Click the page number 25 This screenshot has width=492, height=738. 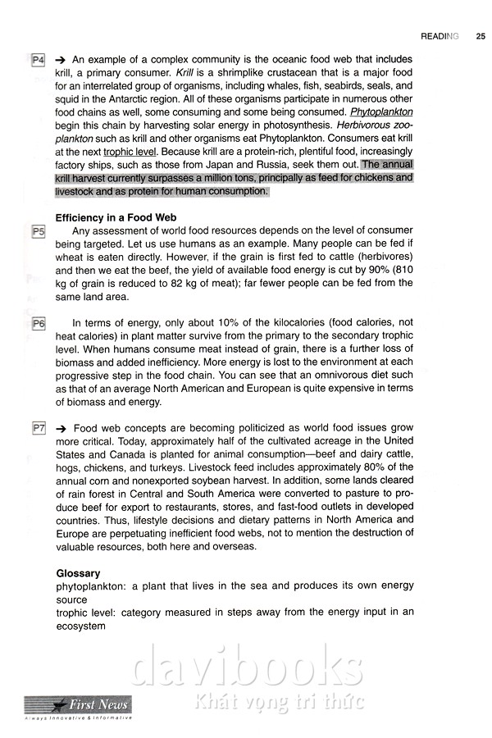click(x=480, y=36)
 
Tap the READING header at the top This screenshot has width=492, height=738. click(x=440, y=36)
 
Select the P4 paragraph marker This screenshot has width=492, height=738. click(x=38, y=61)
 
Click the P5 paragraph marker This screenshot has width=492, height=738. click(x=38, y=233)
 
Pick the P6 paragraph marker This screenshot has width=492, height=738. click(x=38, y=324)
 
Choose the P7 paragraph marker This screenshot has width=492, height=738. click(x=38, y=429)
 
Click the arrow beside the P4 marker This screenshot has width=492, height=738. click(x=61, y=61)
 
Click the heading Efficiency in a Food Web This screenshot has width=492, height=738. click(x=116, y=217)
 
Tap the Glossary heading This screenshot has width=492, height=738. click(x=78, y=574)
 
